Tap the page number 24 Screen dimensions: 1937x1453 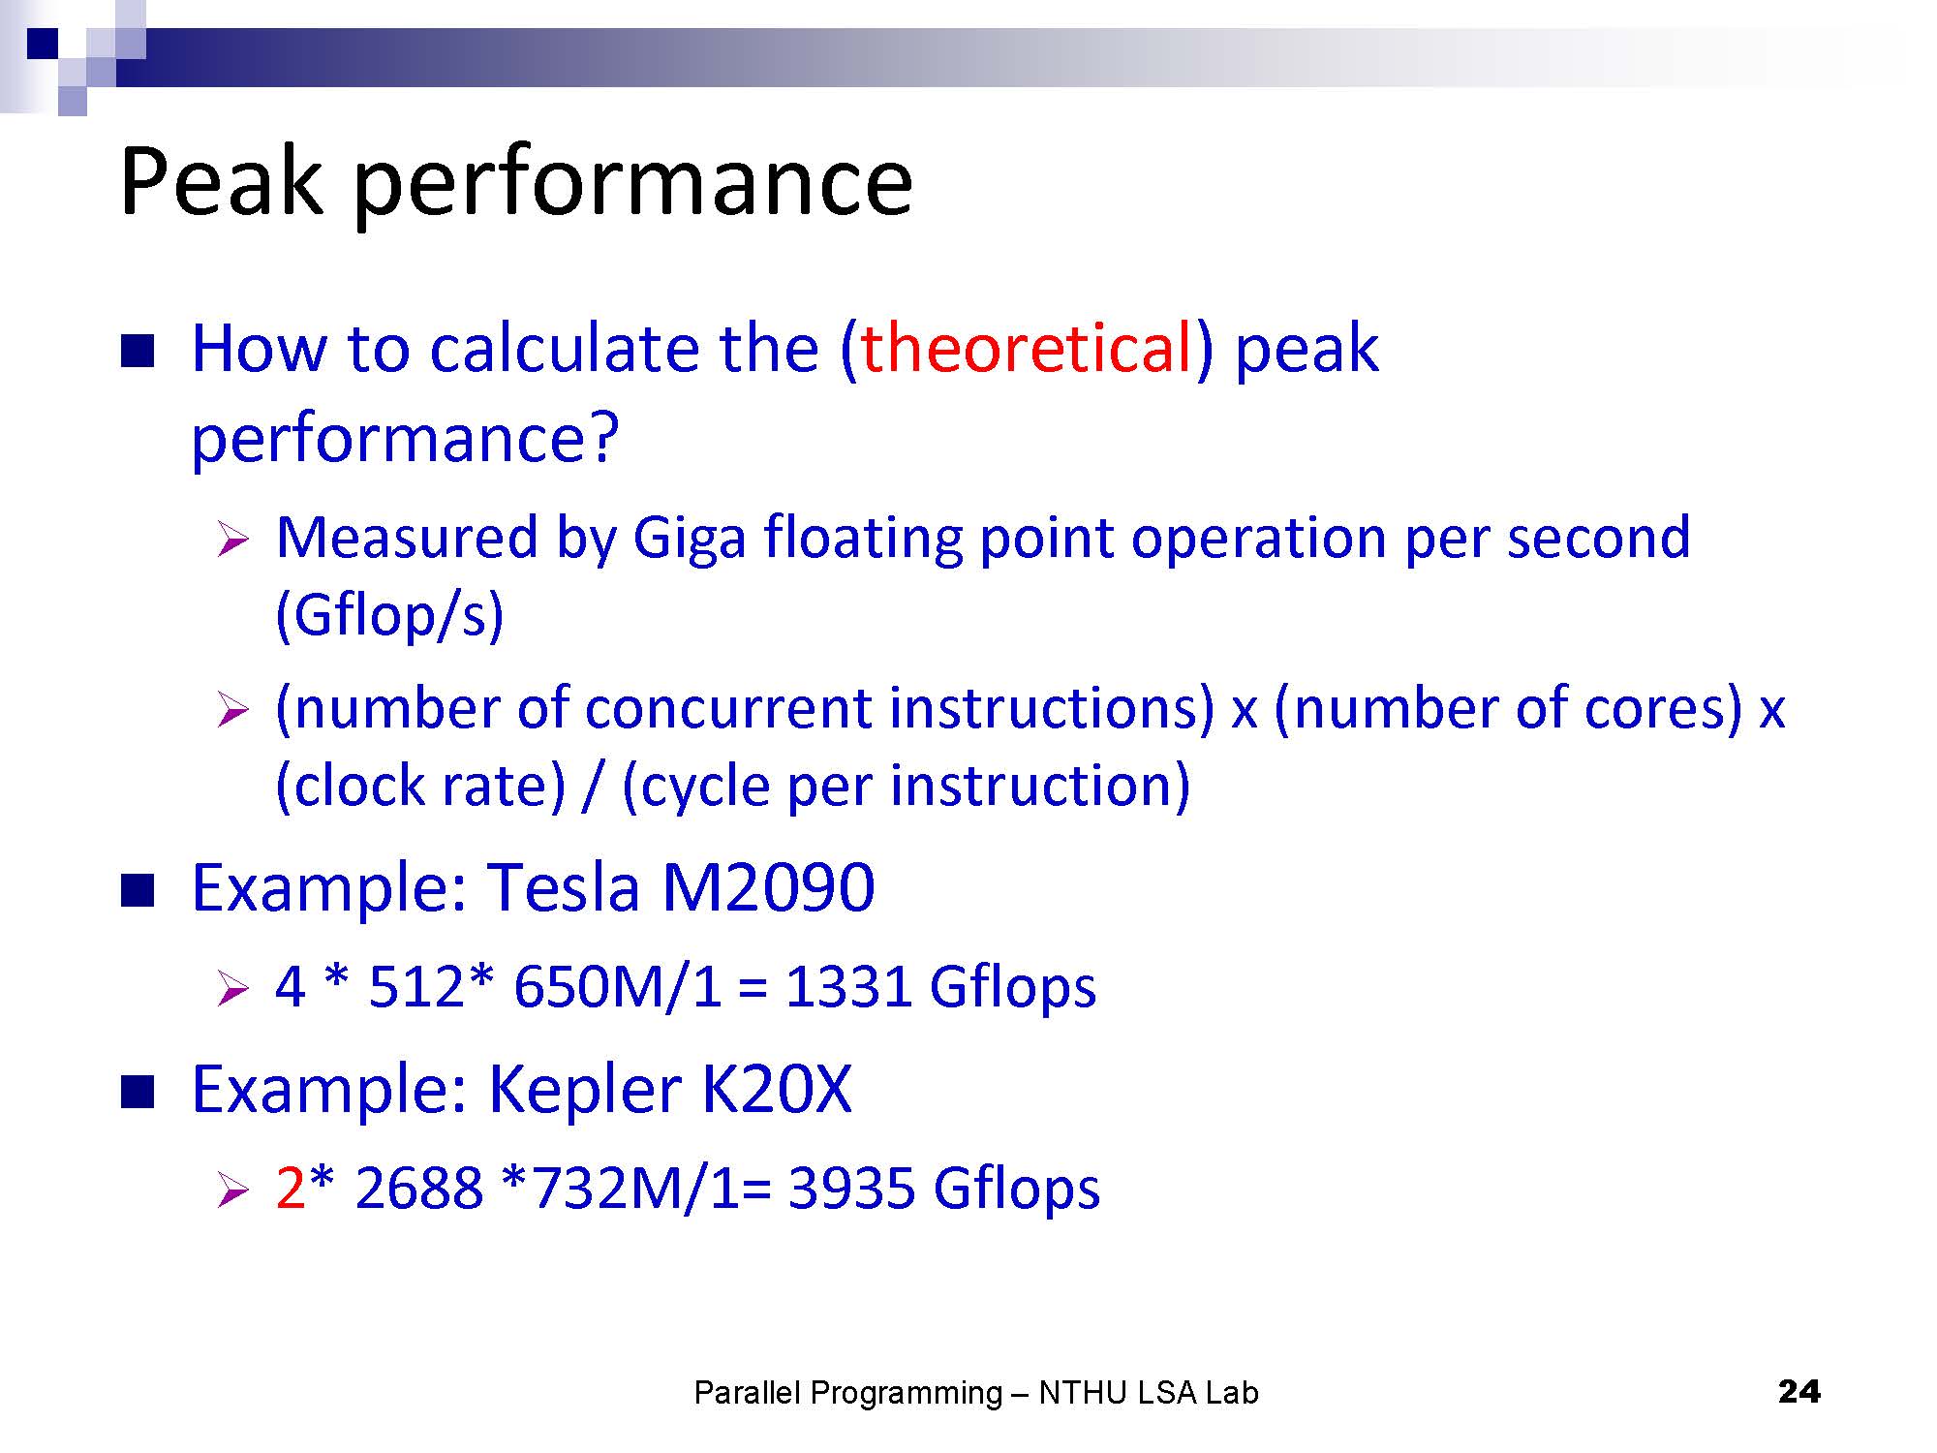(1799, 1392)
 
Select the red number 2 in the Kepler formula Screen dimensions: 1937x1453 (291, 1188)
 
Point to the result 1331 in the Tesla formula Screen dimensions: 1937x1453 (847, 987)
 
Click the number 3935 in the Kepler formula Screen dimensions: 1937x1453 (851, 1188)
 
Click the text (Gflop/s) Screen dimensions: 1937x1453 (389, 615)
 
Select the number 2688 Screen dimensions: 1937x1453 (419, 1188)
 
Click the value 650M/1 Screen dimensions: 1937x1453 (618, 987)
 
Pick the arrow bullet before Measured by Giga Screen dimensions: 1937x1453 (234, 539)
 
